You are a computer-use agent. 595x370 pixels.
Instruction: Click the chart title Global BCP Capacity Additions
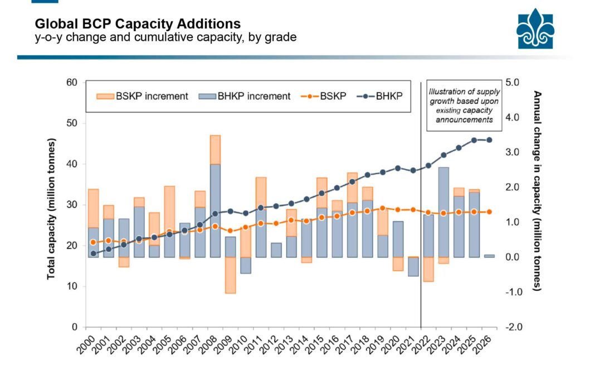138,24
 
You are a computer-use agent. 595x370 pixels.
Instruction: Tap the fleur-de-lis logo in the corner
535,28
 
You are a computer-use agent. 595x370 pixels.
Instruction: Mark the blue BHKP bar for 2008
214,210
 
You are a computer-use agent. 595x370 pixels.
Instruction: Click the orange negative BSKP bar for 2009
230,275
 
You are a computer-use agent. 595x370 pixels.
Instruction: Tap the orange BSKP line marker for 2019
382,208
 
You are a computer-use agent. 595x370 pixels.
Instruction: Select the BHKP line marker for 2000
93,253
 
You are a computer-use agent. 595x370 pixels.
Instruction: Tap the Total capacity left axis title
51,205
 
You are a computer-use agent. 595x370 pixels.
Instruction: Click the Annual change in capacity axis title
537,190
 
